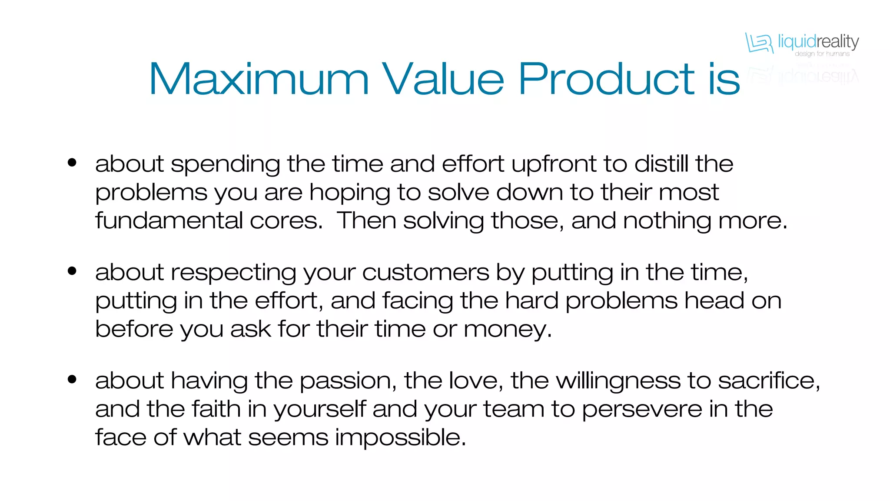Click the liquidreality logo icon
coord(759,43)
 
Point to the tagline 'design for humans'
coord(822,54)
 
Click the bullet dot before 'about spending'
coord(72,163)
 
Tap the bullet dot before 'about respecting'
coord(72,271)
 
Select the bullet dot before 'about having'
coord(72,379)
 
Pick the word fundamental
coord(169,220)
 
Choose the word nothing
coord(667,221)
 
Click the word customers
coord(425,273)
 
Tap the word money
coord(507,329)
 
